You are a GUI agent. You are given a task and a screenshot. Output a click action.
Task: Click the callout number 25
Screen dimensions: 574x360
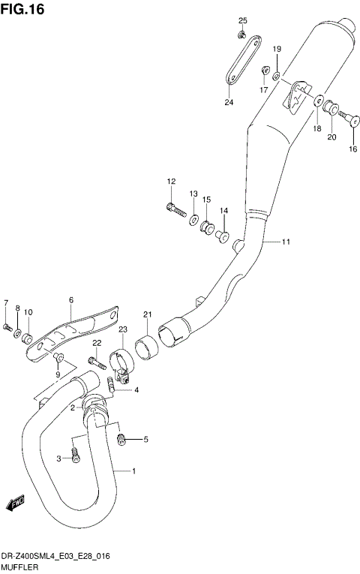242,20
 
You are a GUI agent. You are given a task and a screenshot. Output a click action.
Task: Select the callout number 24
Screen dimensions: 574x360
228,102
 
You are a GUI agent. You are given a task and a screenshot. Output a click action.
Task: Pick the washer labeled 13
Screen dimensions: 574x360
193,220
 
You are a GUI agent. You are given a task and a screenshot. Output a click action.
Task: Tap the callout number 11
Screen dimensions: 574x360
286,242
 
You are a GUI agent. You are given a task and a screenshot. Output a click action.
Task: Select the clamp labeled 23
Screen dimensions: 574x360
121,362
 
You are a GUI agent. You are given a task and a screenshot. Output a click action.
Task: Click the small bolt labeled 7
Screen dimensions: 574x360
7,327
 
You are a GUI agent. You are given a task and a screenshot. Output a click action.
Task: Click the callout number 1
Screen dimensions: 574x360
133,471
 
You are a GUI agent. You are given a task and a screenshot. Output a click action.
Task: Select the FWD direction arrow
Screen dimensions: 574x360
16,503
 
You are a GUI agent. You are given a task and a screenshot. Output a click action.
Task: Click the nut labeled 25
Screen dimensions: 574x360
241,34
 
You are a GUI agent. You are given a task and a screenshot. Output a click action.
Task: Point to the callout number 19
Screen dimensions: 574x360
276,49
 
